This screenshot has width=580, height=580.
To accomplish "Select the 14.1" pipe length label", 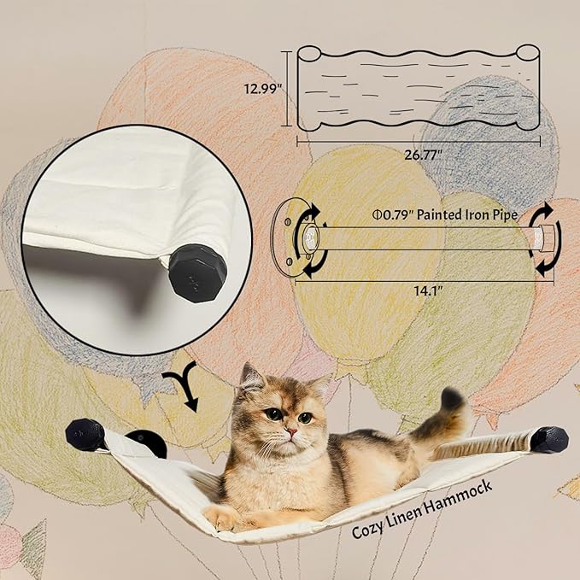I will (418, 289).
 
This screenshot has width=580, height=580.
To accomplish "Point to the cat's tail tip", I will (452, 398).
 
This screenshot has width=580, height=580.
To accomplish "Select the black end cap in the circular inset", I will (197, 273).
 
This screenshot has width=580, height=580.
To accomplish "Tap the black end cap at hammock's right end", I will (549, 439).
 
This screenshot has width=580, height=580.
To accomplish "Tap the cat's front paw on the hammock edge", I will (220, 517).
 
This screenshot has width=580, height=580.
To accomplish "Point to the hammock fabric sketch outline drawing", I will (419, 88).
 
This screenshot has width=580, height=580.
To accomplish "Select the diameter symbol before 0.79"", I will (377, 215).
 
